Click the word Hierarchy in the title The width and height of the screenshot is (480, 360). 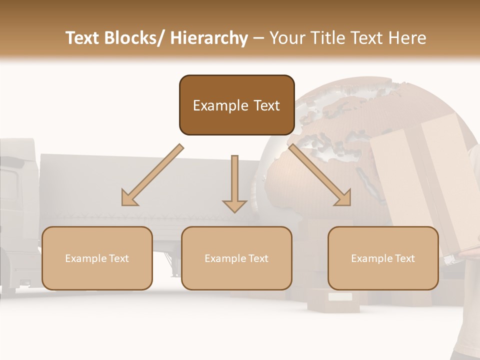coord(209,38)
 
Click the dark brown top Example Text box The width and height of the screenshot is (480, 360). coord(236,105)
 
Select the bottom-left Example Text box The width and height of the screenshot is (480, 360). coord(97,258)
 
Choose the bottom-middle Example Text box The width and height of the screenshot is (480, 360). coord(236,258)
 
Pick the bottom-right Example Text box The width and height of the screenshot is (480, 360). coord(383,258)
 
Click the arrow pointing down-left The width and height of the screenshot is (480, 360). coord(152,175)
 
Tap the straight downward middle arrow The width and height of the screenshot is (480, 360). coord(234,182)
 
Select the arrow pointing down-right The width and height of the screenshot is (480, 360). coord(320,175)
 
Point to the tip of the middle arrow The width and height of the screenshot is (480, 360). coord(234,211)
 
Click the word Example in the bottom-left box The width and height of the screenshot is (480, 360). coord(86,258)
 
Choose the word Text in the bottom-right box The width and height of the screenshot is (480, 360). coord(405,258)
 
